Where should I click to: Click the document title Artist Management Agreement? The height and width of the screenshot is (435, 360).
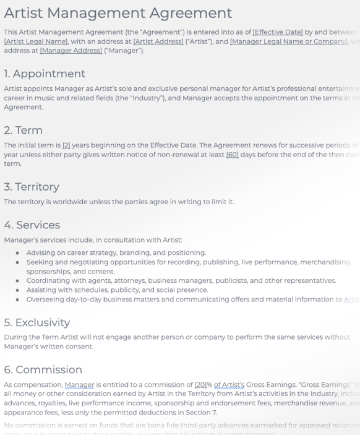pyautogui.click(x=118, y=12)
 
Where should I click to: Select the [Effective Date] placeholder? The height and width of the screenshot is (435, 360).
pyautogui.click(x=278, y=32)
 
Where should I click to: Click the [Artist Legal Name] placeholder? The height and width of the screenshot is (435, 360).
pyautogui.click(x=35, y=41)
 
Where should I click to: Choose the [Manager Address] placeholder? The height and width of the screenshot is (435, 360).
pyautogui.click(x=71, y=51)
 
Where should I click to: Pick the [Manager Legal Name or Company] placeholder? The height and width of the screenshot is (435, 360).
pyautogui.click(x=288, y=41)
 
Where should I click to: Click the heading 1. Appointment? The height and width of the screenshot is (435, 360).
pyautogui.click(x=45, y=74)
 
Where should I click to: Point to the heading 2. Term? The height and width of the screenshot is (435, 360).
pyautogui.click(x=23, y=130)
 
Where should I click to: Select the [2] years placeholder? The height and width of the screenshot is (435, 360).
pyautogui.click(x=66, y=145)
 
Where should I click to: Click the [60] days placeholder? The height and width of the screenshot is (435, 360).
pyautogui.click(x=232, y=155)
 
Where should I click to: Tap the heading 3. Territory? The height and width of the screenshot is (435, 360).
pyautogui.click(x=32, y=186)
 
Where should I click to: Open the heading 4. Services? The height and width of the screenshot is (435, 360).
pyautogui.click(x=32, y=225)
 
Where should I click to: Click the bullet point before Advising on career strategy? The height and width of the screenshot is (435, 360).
pyautogui.click(x=18, y=253)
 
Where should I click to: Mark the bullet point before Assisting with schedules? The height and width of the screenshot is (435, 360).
pyautogui.click(x=18, y=290)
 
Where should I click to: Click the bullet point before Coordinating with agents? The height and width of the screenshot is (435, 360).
pyautogui.click(x=18, y=281)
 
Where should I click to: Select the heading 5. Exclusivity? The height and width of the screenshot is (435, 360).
pyautogui.click(x=37, y=322)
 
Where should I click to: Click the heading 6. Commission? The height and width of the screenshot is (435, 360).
pyautogui.click(x=43, y=369)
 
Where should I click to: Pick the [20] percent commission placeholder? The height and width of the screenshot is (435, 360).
pyautogui.click(x=200, y=385)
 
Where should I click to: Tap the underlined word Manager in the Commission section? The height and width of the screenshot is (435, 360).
pyautogui.click(x=79, y=385)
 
